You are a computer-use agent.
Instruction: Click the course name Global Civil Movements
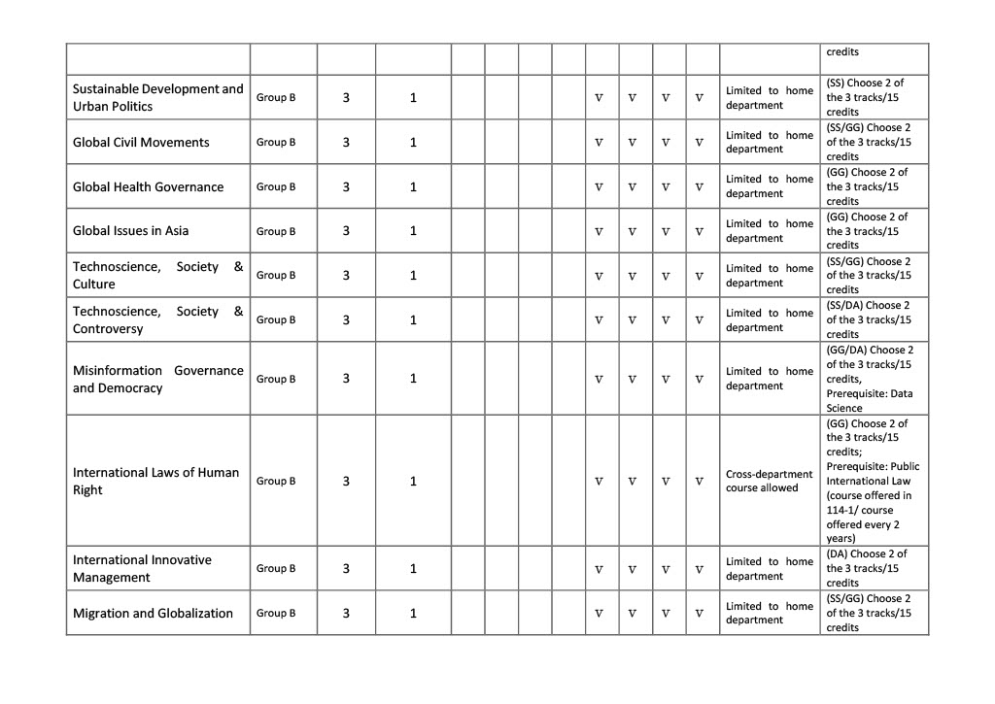[x=141, y=143]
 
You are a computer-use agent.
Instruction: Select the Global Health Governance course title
[x=148, y=187]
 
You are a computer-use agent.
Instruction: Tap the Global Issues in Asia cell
[x=131, y=231]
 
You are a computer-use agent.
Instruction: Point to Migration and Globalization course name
[x=153, y=614]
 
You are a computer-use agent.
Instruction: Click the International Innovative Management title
[x=142, y=569]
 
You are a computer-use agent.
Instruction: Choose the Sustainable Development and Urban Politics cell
[x=157, y=98]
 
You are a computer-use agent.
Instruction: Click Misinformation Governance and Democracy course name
[x=157, y=380]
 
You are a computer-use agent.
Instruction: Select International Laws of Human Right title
[x=155, y=482]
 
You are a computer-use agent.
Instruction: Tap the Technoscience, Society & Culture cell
[x=157, y=276]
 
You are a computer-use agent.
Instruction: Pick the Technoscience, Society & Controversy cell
[x=157, y=320]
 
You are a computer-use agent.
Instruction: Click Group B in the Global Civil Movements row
[x=276, y=143]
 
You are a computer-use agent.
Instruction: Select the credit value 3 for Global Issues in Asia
[x=346, y=231]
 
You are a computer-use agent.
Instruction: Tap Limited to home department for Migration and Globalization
[x=769, y=614]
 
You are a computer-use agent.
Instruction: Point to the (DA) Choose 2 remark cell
[x=870, y=569]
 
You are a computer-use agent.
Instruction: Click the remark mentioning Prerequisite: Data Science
[x=870, y=380]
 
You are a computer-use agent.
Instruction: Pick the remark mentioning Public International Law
[x=870, y=482]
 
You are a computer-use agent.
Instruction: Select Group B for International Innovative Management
[x=276, y=569]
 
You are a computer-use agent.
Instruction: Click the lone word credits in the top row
[x=841, y=52]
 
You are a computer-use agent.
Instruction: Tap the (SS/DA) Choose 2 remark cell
[x=870, y=320]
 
